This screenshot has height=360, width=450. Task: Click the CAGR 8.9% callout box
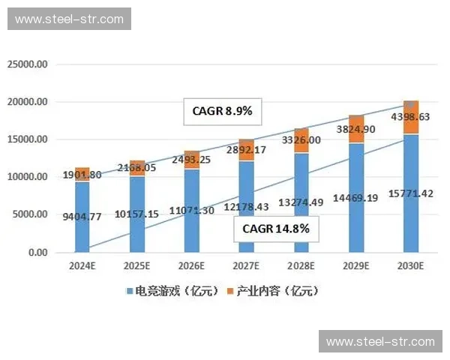(222, 112)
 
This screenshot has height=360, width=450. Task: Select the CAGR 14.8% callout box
(276, 229)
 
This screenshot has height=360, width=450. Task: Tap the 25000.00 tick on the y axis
(28, 64)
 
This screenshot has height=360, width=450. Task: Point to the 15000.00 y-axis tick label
(28, 139)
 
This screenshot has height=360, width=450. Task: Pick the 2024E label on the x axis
(82, 265)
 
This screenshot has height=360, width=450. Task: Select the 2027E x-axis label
(246, 265)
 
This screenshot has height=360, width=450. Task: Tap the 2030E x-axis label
(410, 265)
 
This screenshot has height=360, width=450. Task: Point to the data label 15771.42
(410, 194)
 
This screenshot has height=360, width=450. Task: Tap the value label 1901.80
(82, 175)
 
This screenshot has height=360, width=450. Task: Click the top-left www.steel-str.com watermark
(69, 19)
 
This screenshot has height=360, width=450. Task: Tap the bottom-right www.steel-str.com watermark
(380, 341)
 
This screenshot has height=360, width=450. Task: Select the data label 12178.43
(246, 206)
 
